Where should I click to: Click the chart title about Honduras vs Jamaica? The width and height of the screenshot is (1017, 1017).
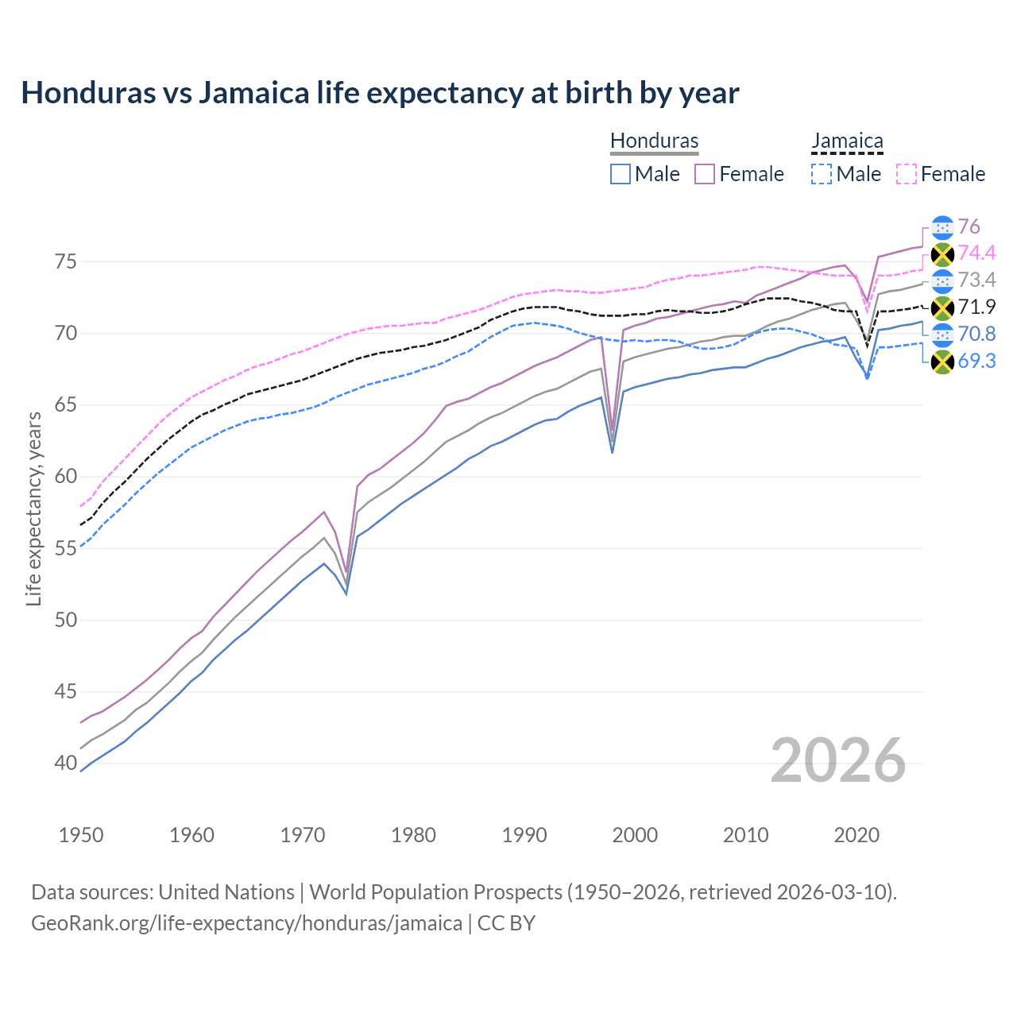tap(380, 93)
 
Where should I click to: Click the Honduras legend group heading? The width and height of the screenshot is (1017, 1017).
tap(654, 141)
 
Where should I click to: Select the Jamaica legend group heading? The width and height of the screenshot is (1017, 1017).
tap(847, 141)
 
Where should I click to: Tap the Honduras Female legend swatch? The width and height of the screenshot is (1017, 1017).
tap(705, 174)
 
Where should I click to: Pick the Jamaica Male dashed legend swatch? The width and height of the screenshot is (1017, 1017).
tap(822, 174)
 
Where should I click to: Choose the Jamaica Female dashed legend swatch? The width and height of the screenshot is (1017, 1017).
tap(907, 174)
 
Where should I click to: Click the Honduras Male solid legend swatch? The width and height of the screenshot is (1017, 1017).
tap(621, 174)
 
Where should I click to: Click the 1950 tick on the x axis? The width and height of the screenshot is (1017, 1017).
tap(81, 835)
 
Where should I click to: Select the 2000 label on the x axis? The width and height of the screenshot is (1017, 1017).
tap(635, 835)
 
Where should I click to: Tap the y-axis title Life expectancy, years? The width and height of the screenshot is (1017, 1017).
tap(33, 508)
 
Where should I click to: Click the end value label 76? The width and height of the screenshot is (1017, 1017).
tap(969, 226)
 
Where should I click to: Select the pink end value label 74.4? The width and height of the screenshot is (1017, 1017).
tap(976, 253)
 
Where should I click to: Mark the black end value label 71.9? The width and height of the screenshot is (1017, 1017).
tap(976, 307)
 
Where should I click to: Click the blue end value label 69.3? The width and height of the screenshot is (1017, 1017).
tap(976, 361)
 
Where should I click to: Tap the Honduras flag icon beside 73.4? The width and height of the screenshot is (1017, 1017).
tap(942, 280)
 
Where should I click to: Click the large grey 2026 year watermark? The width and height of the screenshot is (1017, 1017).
tap(838, 760)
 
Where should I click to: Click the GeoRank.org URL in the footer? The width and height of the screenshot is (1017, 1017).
tap(246, 923)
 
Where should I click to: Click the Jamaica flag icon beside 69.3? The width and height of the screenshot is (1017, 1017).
tap(942, 362)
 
